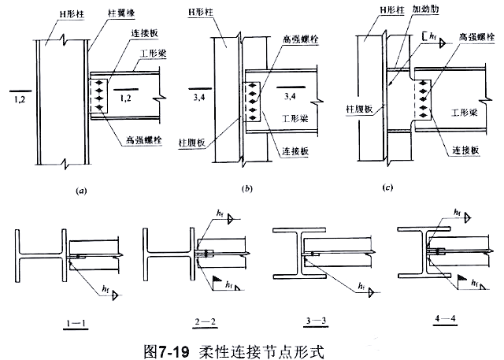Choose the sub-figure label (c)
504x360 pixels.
point(386,188)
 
